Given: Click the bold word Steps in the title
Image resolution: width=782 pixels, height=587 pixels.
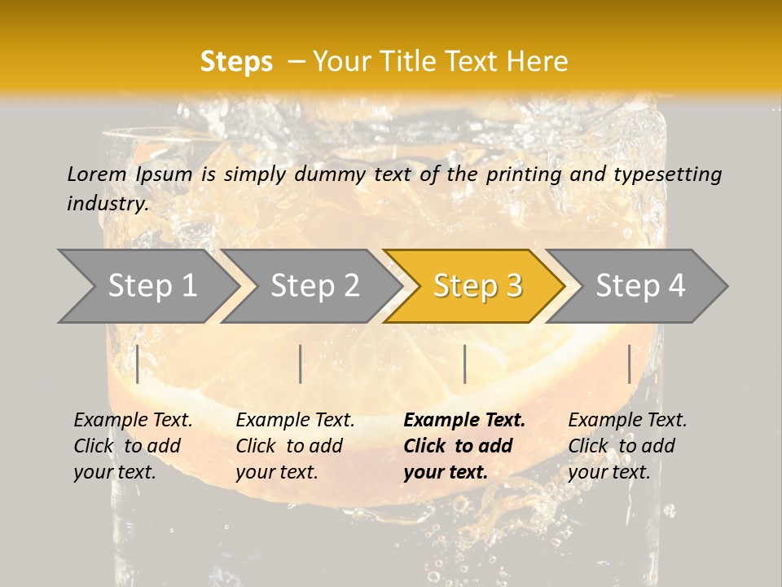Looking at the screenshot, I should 236,62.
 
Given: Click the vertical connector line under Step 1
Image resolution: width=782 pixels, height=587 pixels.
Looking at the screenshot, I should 138,364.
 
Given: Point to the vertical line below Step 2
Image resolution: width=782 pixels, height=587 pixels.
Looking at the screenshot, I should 301,364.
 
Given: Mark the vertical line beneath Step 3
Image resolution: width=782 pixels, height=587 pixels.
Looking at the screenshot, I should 464,364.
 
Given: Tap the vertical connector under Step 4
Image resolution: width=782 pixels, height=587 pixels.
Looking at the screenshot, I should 630,364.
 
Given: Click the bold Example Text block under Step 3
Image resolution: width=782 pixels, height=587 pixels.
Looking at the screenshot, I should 463,446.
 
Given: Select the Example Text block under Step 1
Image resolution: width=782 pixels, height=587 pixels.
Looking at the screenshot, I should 133,446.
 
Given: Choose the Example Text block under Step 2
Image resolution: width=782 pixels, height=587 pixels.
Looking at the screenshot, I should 295,446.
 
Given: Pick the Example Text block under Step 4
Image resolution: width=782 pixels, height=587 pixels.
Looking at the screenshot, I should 626,446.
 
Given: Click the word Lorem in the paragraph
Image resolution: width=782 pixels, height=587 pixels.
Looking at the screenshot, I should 97,174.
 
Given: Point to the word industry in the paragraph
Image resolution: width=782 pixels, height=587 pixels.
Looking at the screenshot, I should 107,203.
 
